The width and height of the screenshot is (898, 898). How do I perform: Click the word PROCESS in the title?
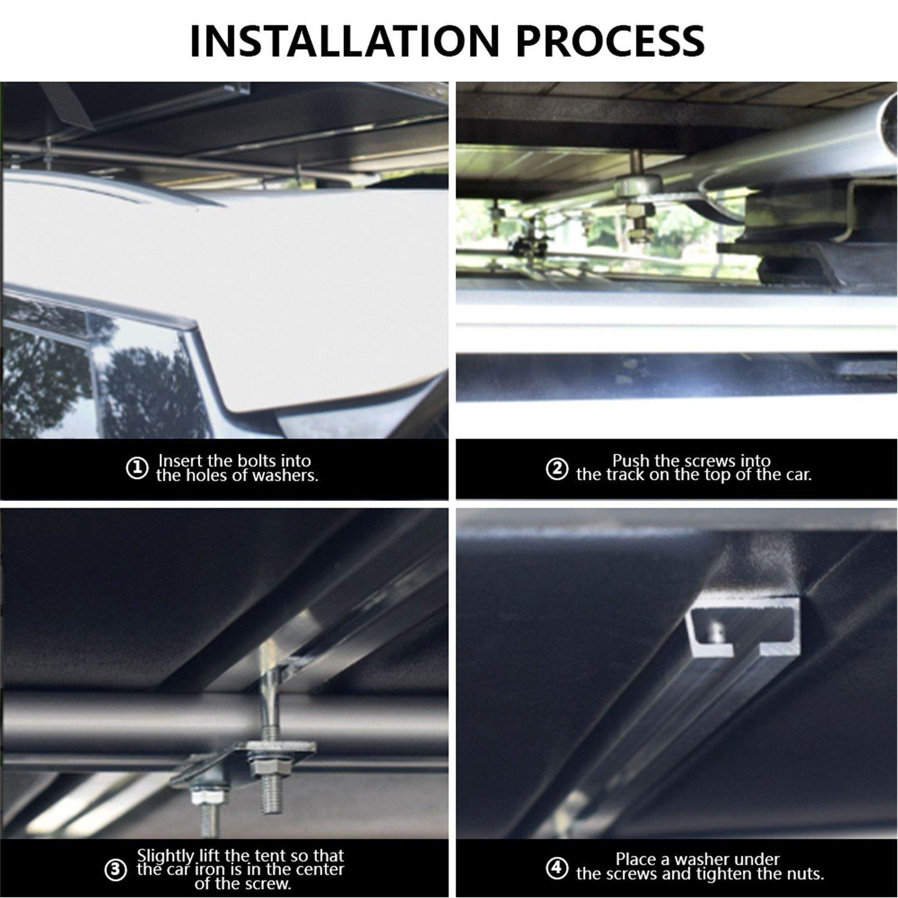610,42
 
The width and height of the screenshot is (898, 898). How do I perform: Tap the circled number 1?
137,468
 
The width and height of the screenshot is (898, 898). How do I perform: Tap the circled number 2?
557,468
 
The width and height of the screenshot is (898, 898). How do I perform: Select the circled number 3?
115,870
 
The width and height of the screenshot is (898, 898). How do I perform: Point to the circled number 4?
557,868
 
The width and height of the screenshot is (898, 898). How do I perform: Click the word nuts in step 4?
805,874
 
